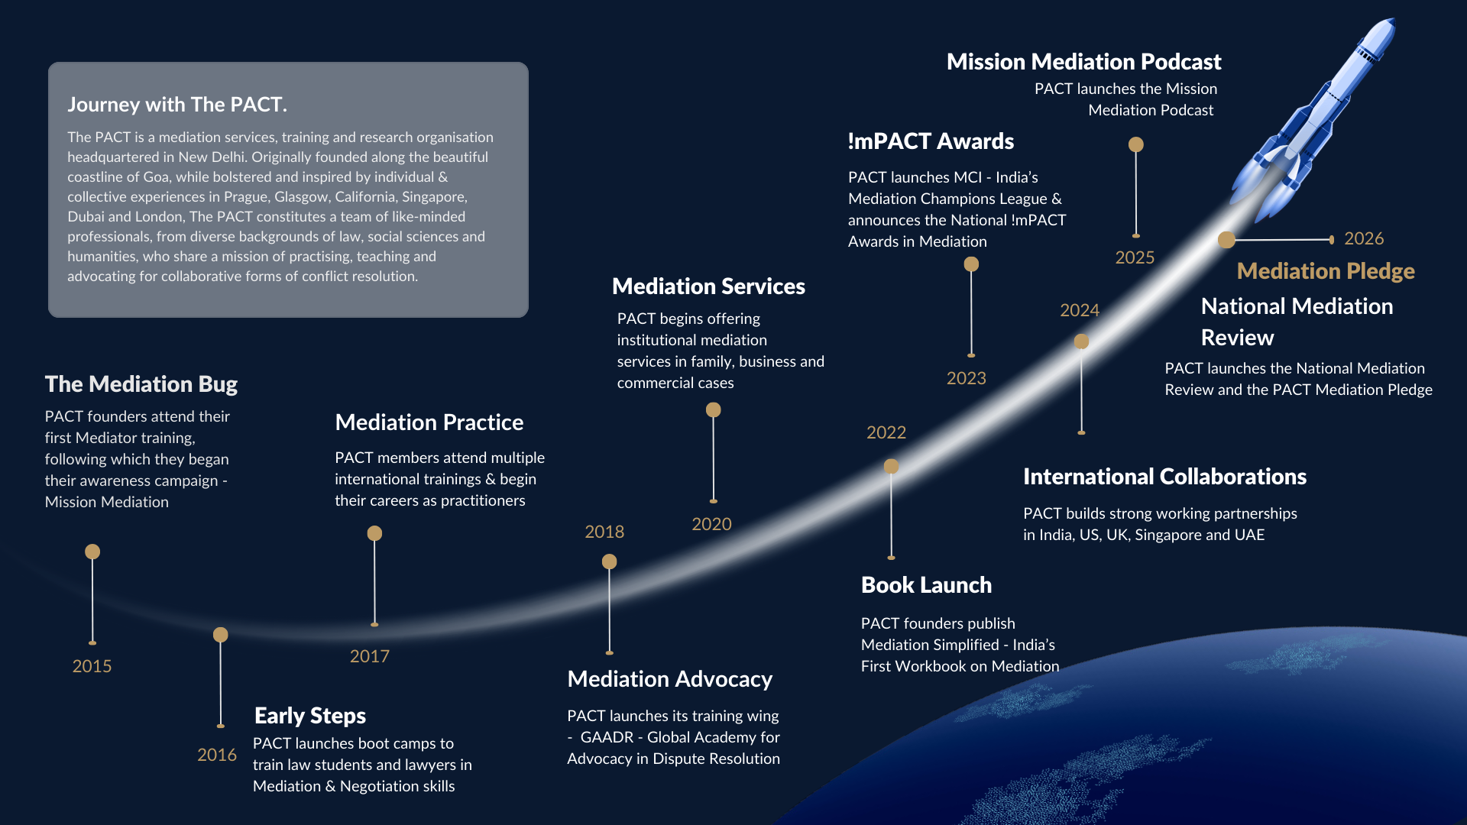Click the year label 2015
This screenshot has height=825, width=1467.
(x=92, y=666)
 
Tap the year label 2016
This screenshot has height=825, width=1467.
(x=217, y=755)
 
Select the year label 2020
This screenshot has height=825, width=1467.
(x=711, y=524)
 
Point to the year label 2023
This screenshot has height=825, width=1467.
(x=966, y=378)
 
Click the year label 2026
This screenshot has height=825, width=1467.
(x=1364, y=238)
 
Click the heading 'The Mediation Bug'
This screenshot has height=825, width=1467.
(x=141, y=383)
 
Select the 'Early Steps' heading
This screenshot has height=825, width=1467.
(x=310, y=716)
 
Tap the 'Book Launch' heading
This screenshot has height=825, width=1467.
(x=926, y=585)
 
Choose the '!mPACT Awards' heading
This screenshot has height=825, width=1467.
(x=931, y=141)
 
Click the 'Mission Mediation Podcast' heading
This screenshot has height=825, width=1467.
(x=1083, y=61)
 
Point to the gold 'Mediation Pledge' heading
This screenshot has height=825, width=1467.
(x=1326, y=271)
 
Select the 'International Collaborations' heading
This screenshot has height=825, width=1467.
(x=1164, y=477)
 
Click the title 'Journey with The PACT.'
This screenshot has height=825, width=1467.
(x=177, y=104)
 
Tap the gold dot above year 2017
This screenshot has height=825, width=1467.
(x=374, y=533)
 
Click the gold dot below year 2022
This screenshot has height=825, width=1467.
(x=891, y=466)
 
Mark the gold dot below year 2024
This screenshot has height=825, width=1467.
(x=1081, y=341)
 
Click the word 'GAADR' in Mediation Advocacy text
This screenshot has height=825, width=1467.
(x=607, y=737)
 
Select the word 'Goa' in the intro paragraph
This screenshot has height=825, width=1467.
(x=157, y=176)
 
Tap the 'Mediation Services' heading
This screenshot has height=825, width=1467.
(x=708, y=286)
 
